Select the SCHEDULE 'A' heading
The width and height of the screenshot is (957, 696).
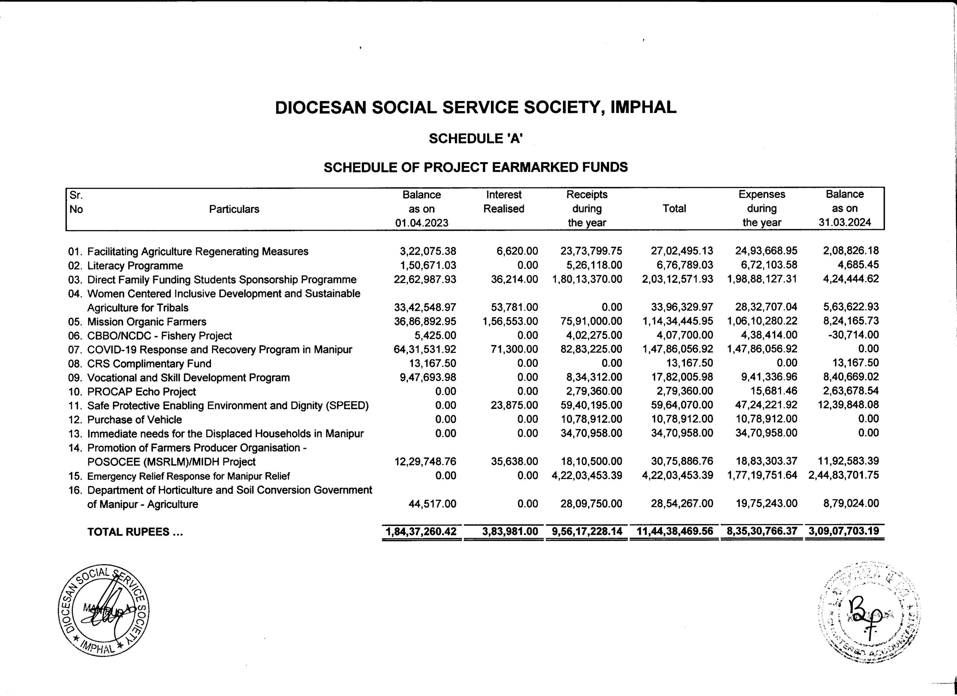476,138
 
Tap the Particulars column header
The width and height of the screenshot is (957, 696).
234,209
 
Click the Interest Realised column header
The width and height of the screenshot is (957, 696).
504,202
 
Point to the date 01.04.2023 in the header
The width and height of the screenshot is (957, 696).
422,223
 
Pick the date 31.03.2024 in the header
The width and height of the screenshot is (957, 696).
845,223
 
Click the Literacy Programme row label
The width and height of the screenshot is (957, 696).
135,266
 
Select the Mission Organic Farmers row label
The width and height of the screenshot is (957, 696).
147,322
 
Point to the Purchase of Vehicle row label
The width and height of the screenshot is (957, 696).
135,420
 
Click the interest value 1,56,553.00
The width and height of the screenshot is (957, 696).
510,321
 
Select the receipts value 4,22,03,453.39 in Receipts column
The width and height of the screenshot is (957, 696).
587,476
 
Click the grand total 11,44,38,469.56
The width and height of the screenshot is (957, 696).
675,531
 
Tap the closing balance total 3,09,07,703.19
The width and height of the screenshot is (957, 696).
844,531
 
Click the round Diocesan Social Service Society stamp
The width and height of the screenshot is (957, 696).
104,611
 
